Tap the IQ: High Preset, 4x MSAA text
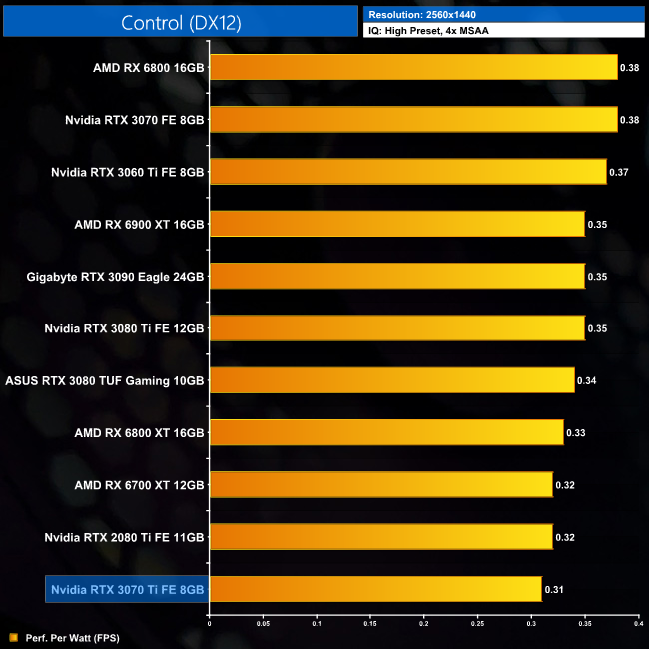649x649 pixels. (430, 31)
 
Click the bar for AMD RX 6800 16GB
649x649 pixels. (413, 67)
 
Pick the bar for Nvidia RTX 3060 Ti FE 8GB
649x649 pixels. (407, 171)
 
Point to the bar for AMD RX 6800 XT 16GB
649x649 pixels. (386, 432)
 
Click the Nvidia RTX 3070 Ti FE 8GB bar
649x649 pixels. (375, 589)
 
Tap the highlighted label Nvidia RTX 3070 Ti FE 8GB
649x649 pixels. (127, 590)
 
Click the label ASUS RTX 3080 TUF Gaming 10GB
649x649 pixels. (105, 380)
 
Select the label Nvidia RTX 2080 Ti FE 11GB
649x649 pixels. (125, 537)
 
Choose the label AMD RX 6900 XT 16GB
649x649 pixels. (139, 224)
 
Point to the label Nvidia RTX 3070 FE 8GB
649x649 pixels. (134, 119)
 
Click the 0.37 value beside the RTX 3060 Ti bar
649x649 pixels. (619, 172)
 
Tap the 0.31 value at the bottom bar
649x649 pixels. (554, 590)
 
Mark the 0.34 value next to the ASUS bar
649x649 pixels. (587, 380)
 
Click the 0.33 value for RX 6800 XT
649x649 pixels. (576, 433)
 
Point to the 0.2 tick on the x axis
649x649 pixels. (423, 623)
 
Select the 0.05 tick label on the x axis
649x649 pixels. (263, 623)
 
